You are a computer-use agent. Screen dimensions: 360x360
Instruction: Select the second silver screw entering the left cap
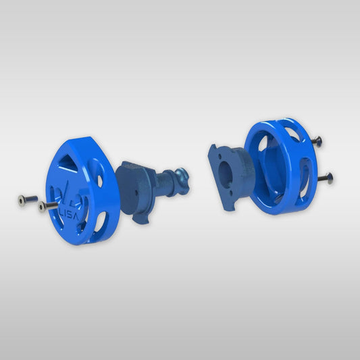43,205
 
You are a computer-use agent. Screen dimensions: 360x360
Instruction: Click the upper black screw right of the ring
316,140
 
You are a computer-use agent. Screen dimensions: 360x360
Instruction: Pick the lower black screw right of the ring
328,178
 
